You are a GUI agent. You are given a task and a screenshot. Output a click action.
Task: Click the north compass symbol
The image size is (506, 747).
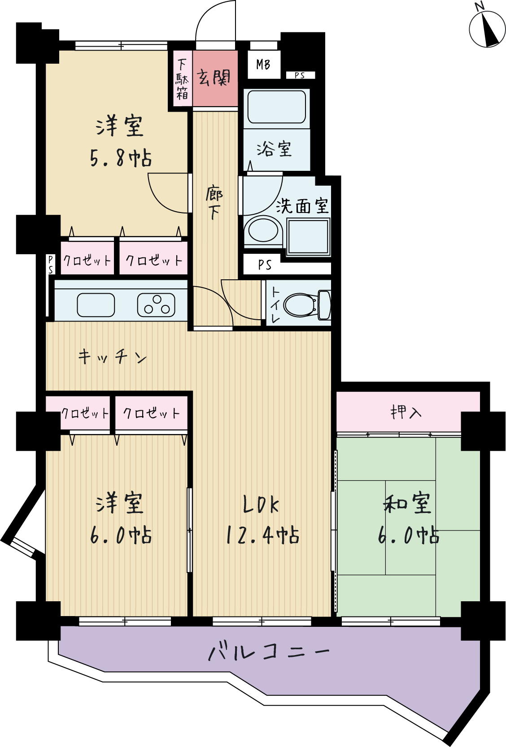tap(487, 29)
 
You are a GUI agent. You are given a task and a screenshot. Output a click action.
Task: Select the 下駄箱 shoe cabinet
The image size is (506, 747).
tap(183, 79)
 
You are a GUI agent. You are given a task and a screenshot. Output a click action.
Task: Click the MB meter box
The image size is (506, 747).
tap(263, 65)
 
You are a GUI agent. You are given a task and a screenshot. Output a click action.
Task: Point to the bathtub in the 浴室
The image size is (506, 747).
tap(276, 106)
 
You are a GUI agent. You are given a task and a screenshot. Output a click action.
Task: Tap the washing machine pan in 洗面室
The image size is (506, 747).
tap(308, 237)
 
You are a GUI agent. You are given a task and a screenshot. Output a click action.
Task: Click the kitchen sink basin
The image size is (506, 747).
tap(96, 305)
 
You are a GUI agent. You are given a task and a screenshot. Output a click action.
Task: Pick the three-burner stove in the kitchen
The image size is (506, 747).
tap(156, 305)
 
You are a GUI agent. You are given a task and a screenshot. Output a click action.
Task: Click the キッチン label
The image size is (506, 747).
tap(113, 357)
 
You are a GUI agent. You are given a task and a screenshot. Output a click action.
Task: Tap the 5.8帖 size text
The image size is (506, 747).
tap(121, 158)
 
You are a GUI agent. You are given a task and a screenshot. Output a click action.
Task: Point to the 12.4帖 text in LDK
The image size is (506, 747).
tap(262, 535)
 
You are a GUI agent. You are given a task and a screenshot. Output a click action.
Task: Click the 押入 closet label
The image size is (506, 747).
tap(406, 412)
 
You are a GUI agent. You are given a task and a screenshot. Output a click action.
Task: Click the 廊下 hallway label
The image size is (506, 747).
tap(214, 203)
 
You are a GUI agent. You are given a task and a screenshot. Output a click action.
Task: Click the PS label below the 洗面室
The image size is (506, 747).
tap(265, 265)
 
